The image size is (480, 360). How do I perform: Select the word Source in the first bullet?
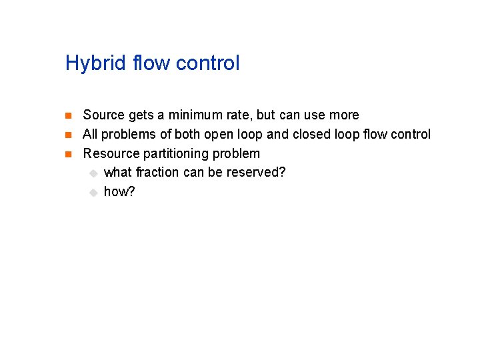[103, 115]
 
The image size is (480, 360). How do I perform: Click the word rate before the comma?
[241, 115]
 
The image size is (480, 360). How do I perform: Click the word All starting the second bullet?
[91, 135]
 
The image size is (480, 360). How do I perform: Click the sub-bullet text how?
[119, 192]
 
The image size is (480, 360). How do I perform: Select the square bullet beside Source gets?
[68, 116]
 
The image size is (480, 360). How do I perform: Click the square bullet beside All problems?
[68, 135]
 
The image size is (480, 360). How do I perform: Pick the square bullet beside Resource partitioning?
[68, 155]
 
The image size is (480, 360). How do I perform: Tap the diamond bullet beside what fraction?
[93, 173]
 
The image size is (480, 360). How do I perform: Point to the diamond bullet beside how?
[93, 193]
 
